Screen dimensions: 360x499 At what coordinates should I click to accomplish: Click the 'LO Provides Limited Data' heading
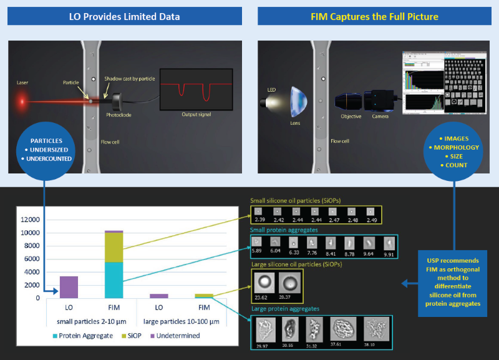pyautogui.click(x=124, y=16)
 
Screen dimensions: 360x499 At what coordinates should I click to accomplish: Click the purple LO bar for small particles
pyautogui.click(x=69, y=287)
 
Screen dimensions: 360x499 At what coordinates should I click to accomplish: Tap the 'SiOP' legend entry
pyautogui.click(x=135, y=336)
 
